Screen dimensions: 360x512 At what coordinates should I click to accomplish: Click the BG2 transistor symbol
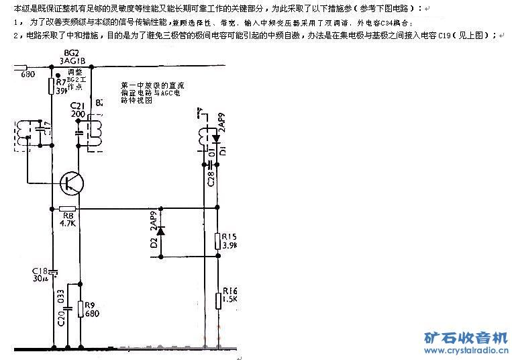pos(70,181)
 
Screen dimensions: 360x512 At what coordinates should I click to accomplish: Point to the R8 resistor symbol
pos(67,209)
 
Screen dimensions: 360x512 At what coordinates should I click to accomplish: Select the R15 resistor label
pos(229,236)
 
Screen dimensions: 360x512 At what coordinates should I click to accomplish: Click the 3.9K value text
pos(229,246)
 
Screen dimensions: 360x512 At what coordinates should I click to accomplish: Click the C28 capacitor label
pos(210,178)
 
